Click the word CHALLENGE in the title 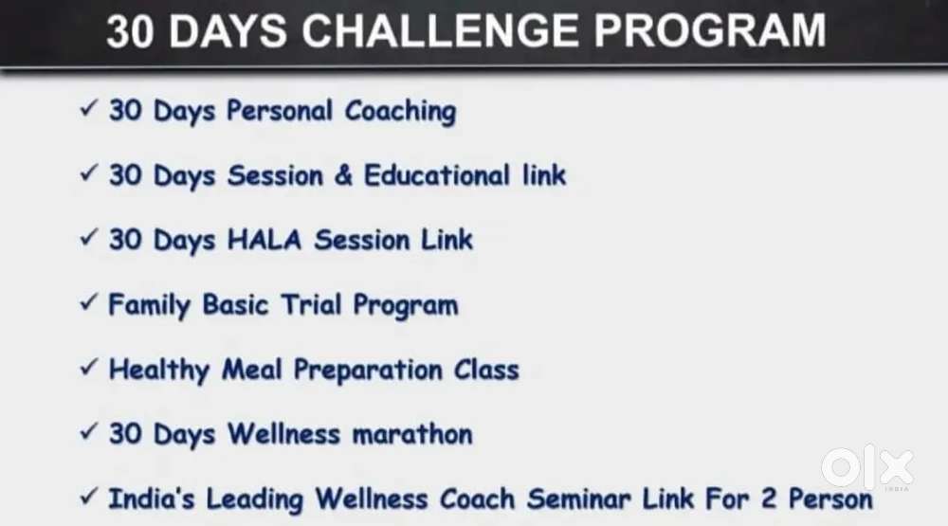(440, 31)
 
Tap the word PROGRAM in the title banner (710, 31)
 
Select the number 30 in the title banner (130, 31)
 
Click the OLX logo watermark (867, 467)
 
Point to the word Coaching (400, 112)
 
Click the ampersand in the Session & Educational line (343, 175)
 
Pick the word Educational (437, 175)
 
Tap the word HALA (264, 240)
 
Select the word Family (150, 305)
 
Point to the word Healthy (159, 370)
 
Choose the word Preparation (368, 370)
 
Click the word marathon (412, 434)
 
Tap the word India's (151, 499)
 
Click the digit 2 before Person (769, 499)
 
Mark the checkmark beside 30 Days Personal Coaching (88, 109)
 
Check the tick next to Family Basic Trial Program (88, 302)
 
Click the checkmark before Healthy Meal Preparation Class (88, 367)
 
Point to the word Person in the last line (830, 499)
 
